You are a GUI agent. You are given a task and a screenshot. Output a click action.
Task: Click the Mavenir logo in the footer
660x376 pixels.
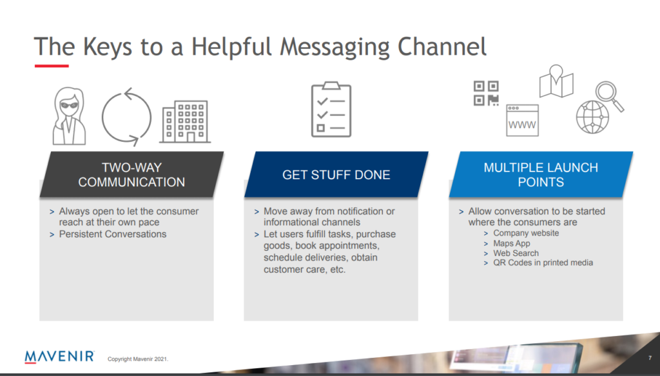point(59,357)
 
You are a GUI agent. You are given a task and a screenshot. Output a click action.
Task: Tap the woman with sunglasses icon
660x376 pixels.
point(70,116)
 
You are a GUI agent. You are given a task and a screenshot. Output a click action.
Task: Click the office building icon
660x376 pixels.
point(185,122)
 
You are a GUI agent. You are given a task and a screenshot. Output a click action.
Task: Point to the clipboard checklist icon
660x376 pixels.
point(331,110)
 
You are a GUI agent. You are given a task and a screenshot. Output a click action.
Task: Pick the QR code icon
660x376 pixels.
point(486,93)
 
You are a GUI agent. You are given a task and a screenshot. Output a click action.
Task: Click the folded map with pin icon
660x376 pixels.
point(556,82)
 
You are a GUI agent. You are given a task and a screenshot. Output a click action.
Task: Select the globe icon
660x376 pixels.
point(592,117)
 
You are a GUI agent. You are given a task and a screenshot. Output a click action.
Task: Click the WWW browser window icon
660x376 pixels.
point(522,121)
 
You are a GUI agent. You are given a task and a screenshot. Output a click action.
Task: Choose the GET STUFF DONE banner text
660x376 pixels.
point(336,175)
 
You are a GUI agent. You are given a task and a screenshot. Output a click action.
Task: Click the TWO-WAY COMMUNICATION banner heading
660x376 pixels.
point(131,175)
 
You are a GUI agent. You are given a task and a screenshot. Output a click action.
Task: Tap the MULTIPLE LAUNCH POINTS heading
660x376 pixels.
point(541,175)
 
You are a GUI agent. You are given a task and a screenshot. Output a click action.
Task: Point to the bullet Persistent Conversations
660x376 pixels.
point(112,234)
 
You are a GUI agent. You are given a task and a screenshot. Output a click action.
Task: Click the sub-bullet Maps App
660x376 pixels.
point(511,243)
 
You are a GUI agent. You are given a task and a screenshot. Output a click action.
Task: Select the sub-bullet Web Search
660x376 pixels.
point(516,253)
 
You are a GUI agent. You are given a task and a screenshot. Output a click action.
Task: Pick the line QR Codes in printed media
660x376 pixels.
point(543,262)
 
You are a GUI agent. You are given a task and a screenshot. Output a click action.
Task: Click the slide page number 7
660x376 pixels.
point(650,358)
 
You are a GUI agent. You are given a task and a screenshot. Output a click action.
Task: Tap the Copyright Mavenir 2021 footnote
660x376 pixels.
point(138,359)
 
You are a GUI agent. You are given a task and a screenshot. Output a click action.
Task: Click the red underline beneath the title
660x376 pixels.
point(52,66)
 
